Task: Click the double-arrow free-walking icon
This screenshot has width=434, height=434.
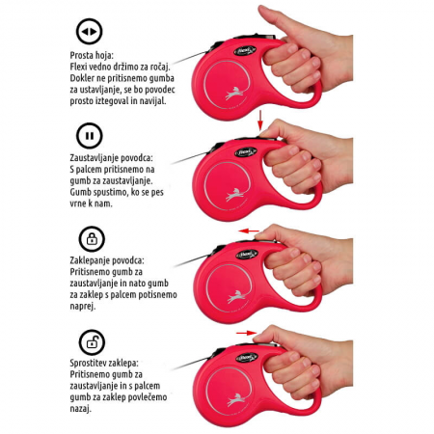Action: (x=89, y=32)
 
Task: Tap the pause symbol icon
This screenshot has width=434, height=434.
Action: (x=90, y=135)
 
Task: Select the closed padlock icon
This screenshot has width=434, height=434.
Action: (x=92, y=239)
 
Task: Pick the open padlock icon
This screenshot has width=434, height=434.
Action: (x=92, y=342)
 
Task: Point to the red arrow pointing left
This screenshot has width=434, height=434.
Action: (x=249, y=231)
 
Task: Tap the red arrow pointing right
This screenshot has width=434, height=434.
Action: (x=247, y=333)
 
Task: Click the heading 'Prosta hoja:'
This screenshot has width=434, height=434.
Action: (x=92, y=55)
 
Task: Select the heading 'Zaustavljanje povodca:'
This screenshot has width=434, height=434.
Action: (x=112, y=158)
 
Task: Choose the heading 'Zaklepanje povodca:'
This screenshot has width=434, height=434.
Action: (x=107, y=260)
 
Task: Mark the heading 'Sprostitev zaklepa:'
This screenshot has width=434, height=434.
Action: (x=104, y=363)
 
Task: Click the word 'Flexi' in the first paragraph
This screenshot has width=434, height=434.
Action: (x=78, y=67)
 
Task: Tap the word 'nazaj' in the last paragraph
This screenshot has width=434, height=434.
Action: (x=80, y=409)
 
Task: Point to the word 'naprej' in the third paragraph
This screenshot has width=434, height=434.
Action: (x=83, y=307)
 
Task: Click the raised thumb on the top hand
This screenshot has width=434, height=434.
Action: (x=274, y=19)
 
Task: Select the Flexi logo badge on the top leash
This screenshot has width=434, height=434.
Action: (x=245, y=51)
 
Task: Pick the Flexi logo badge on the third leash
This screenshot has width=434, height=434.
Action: (x=247, y=255)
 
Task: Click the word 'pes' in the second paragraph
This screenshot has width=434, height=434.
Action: (x=157, y=193)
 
